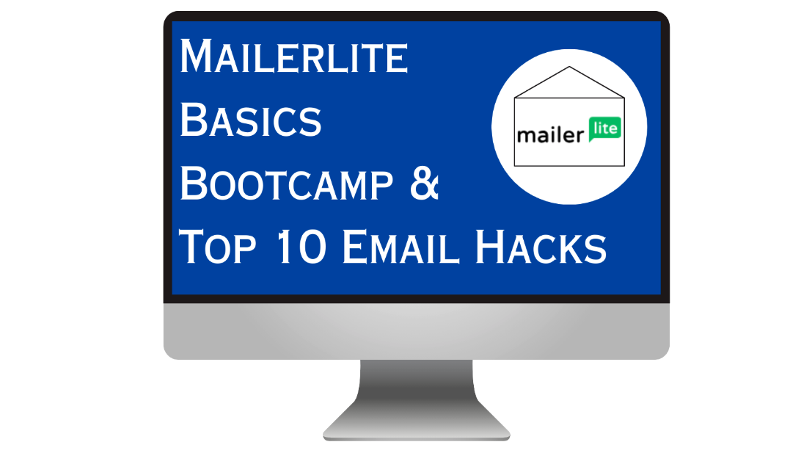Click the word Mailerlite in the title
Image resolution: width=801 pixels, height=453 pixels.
294,56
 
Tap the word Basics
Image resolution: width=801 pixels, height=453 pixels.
251,120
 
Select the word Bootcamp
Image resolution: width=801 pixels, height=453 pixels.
287,183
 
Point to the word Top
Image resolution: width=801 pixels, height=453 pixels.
218,247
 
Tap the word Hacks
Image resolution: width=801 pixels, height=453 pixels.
541,247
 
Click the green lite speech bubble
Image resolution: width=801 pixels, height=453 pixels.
605,128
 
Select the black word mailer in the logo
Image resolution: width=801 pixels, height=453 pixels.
551,135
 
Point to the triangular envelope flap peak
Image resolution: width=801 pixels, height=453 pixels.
569,67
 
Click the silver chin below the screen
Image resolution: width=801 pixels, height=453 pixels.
417,331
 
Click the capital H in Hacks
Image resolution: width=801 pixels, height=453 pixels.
491,247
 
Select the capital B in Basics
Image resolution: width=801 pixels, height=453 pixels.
193,120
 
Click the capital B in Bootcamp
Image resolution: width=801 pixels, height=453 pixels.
193,183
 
